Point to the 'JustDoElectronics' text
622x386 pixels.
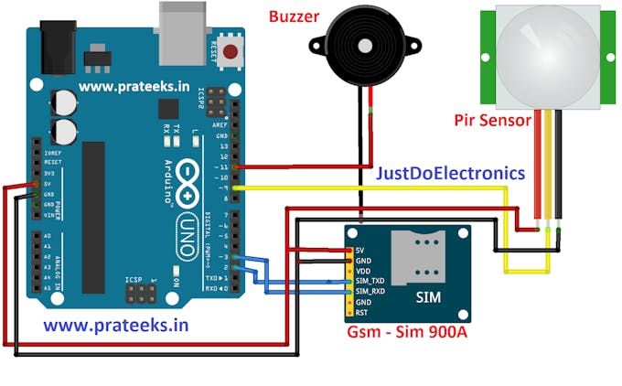[451, 172]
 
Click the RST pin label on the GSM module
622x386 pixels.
[362, 312]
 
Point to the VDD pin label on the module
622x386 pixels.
[364, 270]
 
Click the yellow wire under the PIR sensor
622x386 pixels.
[548, 174]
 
